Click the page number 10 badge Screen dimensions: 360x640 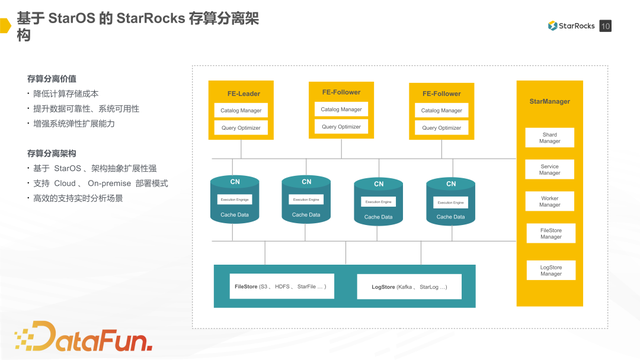(x=606, y=26)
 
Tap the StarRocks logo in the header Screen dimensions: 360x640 (x=571, y=26)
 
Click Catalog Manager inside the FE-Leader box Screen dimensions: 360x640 (x=240, y=110)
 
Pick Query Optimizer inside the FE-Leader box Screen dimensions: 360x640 (x=240, y=127)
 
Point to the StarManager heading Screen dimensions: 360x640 (x=549, y=102)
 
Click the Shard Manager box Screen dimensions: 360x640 (x=549, y=137)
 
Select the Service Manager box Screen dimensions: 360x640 (x=549, y=169)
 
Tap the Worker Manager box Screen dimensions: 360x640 (x=549, y=201)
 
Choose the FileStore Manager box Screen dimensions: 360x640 (x=549, y=233)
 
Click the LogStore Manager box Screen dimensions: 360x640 (x=549, y=269)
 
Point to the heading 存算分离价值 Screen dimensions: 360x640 (x=52, y=78)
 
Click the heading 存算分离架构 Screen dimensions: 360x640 (x=52, y=153)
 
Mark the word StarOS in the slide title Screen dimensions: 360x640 (x=79, y=17)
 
